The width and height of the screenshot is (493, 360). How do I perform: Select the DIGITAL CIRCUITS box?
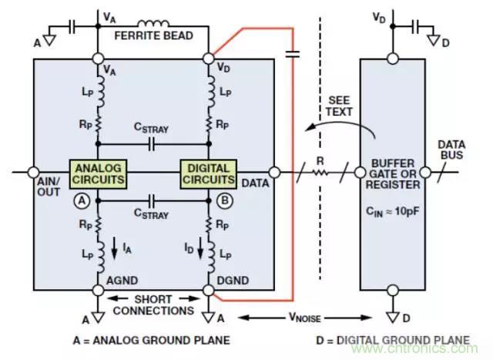click(208, 173)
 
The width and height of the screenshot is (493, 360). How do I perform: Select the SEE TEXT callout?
click(339, 106)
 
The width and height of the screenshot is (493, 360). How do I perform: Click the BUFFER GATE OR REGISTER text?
click(394, 174)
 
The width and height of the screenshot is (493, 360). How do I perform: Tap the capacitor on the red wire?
click(293, 53)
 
